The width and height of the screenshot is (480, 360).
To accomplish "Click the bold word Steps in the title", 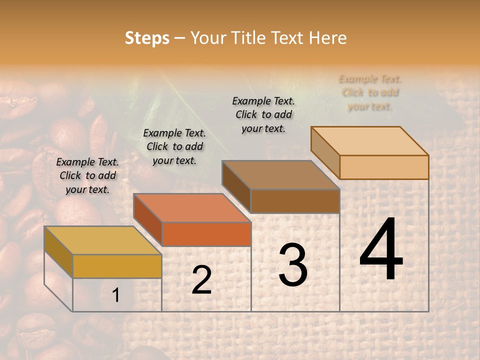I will (147, 38).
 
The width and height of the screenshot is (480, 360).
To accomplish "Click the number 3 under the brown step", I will (293, 265).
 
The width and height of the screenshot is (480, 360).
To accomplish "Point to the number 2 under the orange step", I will (201, 280).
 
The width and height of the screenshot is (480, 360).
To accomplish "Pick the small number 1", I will (116, 295).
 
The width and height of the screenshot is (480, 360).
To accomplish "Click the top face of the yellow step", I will (102, 240).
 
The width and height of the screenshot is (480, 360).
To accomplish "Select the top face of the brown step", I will (280, 175).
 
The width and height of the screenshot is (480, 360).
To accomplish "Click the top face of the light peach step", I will (369, 141).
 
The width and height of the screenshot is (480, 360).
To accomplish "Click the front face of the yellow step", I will (117, 266).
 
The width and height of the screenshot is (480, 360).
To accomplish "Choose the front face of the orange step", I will (206, 234).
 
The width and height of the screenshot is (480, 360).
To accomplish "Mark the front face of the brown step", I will (295, 201).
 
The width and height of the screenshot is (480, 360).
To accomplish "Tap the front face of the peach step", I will (384, 167).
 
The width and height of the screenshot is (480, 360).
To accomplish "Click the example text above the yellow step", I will (88, 175).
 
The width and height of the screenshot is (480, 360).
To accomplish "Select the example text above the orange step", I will (174, 146).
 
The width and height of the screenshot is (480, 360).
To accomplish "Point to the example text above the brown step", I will (263, 114).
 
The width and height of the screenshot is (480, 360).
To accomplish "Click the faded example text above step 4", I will (370, 92).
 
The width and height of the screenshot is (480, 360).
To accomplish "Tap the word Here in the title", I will (328, 38).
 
